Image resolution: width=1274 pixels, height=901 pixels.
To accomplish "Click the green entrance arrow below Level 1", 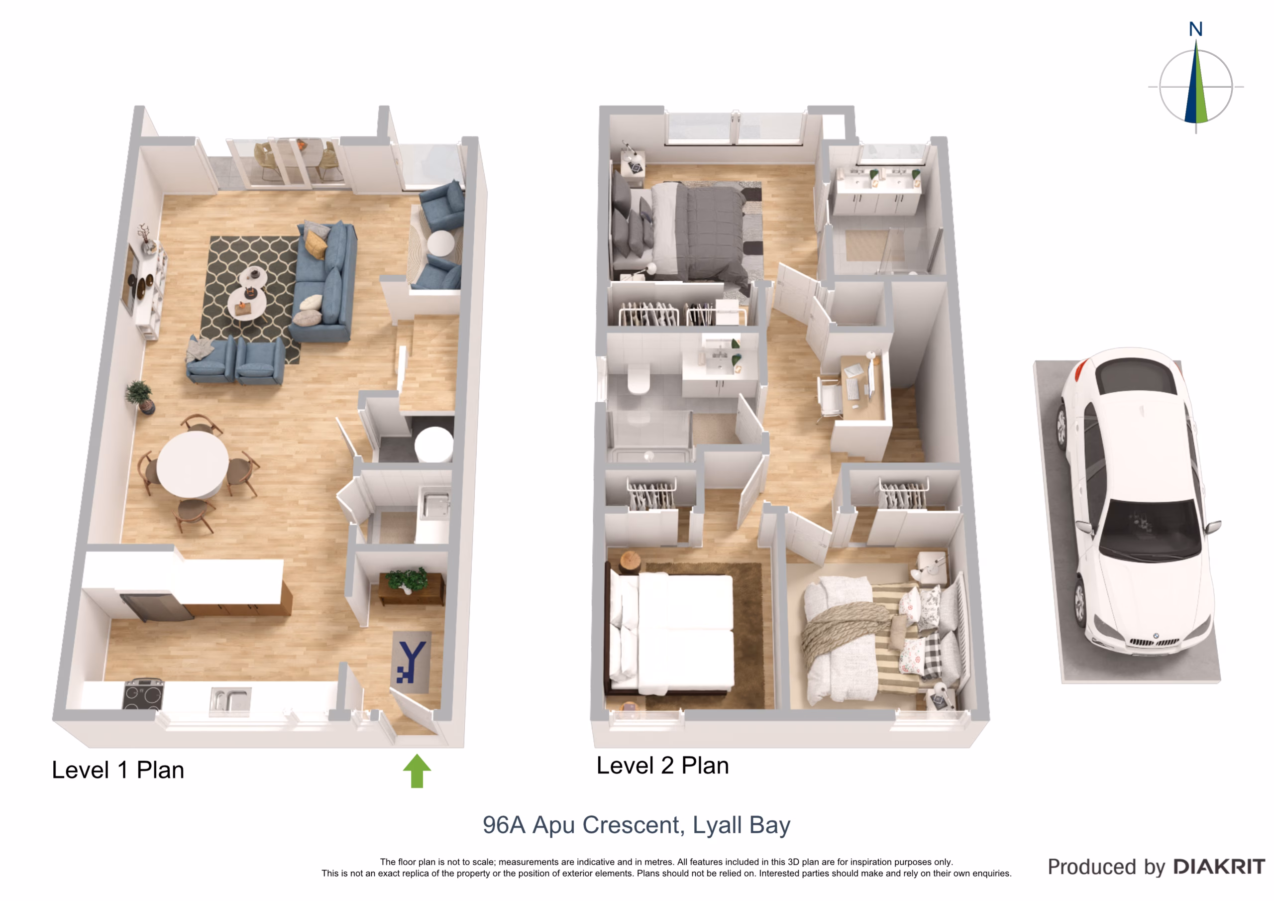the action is click(417, 771).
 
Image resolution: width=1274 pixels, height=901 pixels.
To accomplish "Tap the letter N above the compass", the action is click(1196, 29).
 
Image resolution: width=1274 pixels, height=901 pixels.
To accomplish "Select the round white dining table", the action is click(193, 464).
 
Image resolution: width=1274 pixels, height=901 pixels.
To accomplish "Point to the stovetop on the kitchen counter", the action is click(143, 694).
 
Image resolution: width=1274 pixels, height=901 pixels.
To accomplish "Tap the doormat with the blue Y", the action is click(411, 662).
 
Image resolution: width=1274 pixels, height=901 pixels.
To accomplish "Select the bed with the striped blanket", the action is click(882, 639).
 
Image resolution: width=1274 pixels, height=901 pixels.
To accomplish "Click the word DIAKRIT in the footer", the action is click(1219, 867).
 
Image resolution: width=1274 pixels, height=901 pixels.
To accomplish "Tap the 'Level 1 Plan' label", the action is click(117, 770).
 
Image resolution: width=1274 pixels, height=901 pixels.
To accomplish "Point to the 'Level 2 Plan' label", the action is click(662, 766).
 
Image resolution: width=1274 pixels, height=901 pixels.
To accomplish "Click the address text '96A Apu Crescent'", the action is click(581, 825).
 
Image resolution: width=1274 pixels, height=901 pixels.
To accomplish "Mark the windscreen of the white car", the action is click(1150, 530).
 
